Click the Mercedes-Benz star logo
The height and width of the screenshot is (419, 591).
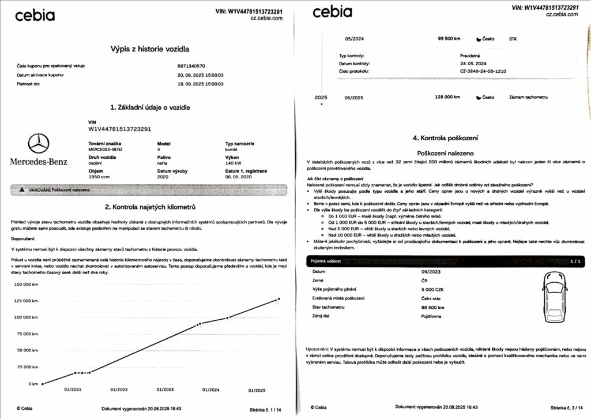pyautogui.click(x=39, y=143)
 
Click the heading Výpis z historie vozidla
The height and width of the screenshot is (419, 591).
pyautogui.click(x=149, y=50)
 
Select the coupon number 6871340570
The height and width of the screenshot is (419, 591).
pyautogui.click(x=191, y=66)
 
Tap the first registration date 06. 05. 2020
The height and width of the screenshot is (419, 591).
pyautogui.click(x=238, y=177)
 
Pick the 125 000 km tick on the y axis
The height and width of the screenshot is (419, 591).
pyautogui.click(x=26, y=301)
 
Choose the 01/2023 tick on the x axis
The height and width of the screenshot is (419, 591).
pyautogui.click(x=164, y=390)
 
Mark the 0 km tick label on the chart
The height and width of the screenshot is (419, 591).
pyautogui.click(x=33, y=383)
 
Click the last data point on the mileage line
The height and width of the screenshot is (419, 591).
pyautogui.click(x=279, y=299)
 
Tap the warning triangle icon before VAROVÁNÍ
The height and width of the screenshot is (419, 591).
pyautogui.click(x=22, y=189)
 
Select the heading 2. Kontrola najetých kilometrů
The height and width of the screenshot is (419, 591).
pyautogui.click(x=150, y=207)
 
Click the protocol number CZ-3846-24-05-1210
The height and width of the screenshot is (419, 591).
pyautogui.click(x=475, y=72)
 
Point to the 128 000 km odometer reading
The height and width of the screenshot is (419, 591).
pyautogui.click(x=449, y=98)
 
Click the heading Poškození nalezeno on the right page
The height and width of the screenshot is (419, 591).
pyautogui.click(x=445, y=154)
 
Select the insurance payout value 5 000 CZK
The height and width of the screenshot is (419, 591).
pyautogui.click(x=432, y=289)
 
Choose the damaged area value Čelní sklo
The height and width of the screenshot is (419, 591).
pyautogui.click(x=431, y=298)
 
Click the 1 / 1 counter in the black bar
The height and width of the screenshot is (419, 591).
pyautogui.click(x=574, y=261)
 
